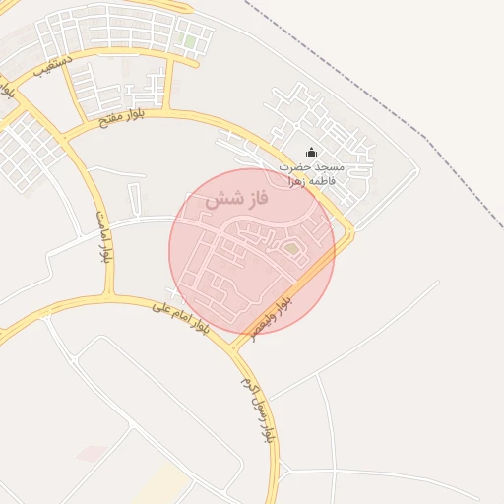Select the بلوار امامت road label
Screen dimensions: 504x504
(x=102, y=236)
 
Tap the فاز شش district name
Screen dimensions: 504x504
(x=237, y=199)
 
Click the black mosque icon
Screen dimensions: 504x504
(x=312, y=152)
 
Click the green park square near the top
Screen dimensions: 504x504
(x=189, y=41)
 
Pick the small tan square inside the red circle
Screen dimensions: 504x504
(x=291, y=248)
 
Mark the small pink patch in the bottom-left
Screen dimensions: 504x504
(x=93, y=453)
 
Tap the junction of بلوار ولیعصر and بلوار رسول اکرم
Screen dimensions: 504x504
(x=233, y=346)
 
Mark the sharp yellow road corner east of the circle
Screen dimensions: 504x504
(x=350, y=230)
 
